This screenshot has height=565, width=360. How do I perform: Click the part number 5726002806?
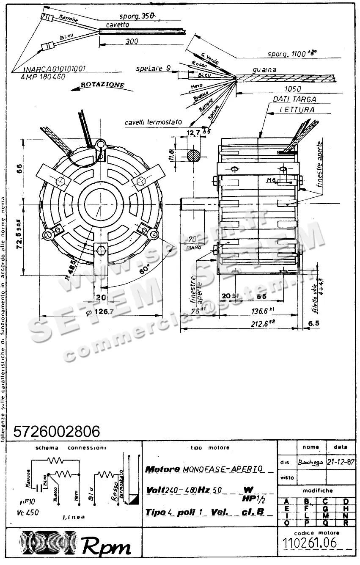coord(57,431)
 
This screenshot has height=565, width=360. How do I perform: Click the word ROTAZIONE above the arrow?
coord(103,85)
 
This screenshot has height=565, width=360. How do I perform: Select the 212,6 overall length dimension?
coord(260,325)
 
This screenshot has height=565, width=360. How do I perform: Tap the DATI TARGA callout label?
coord(294,99)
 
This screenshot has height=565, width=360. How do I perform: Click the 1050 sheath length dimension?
coord(293,89)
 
